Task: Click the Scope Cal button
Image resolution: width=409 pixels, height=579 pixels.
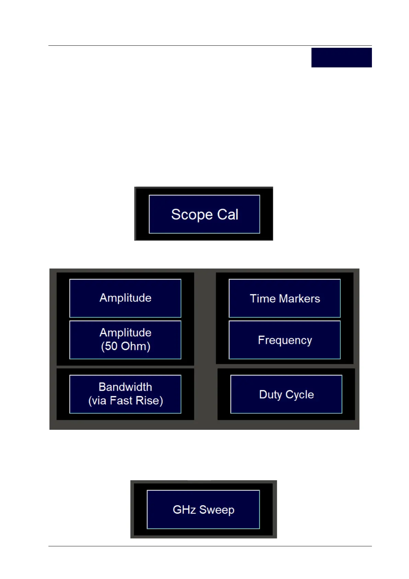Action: coord(204,214)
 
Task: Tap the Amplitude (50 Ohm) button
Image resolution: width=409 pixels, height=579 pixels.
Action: coord(125,340)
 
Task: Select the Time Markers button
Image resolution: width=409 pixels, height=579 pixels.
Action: coord(285,298)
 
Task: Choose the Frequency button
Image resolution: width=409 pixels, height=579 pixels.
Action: coord(285,340)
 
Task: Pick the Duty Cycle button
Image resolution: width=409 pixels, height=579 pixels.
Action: coord(286,394)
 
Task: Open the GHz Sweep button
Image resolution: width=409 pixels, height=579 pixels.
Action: coord(203,509)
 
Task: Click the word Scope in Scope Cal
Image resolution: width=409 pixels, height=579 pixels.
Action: coord(192,215)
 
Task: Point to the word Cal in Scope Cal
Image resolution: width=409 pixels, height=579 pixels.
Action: coord(228,215)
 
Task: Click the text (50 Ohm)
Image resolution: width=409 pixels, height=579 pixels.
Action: coord(126,346)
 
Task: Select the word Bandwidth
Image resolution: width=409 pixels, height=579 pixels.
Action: coord(125,387)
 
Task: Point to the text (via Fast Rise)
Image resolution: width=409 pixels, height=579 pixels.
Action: coord(126,401)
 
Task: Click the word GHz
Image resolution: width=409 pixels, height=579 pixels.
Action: coord(184,510)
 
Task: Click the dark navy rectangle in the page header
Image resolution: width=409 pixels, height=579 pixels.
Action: coord(341,57)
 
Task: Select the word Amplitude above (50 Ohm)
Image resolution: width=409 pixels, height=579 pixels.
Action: coord(126,332)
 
